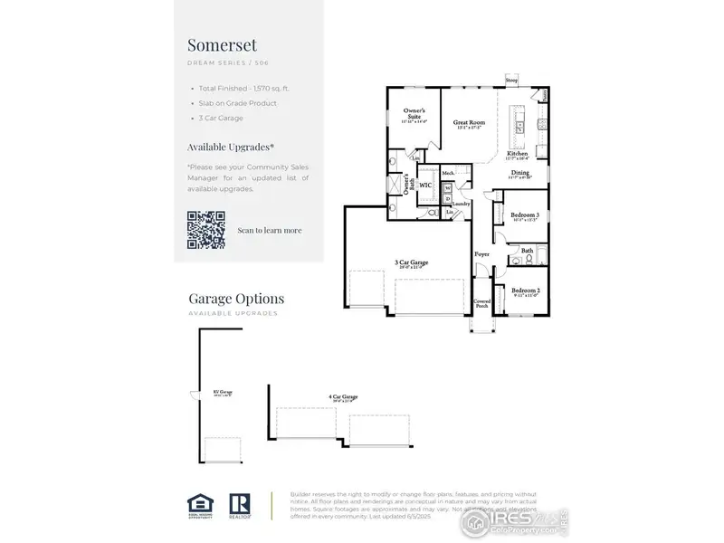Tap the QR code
205,229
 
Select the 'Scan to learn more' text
270,230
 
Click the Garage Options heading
235,299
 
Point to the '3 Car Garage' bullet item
223,119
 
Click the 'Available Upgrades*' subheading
231,146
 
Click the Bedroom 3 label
524,215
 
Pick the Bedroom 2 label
525,291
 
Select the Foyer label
482,254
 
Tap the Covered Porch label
482,303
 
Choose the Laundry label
461,204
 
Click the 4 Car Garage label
343,396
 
